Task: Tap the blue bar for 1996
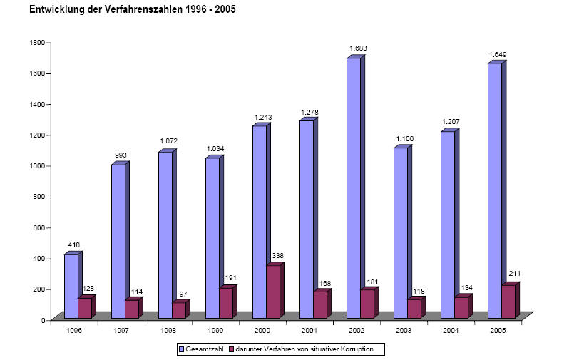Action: point(71,285)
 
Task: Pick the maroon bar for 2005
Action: point(508,302)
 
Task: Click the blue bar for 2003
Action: point(401,232)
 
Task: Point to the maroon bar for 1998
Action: point(178,310)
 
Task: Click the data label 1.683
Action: point(358,48)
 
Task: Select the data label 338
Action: point(279,256)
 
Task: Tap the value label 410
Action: point(74,245)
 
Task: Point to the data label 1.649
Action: point(498,54)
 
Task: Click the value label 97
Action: point(183,294)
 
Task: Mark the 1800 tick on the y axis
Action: point(36,43)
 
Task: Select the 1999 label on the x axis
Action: point(215,330)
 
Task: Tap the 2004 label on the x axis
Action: point(451,330)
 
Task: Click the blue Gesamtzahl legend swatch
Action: point(181,349)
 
